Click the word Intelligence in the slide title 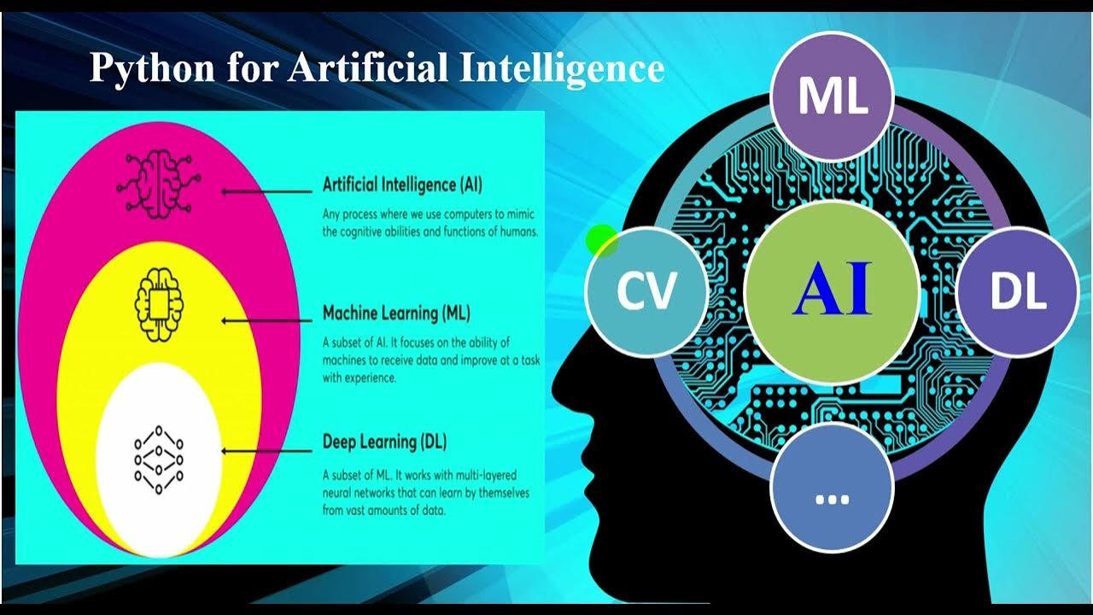(x=562, y=68)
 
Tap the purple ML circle (x=832, y=96)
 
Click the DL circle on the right (x=1018, y=292)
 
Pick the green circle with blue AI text (x=832, y=291)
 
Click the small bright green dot (x=601, y=240)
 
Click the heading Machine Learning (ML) (x=396, y=313)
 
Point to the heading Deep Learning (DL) (x=384, y=442)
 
